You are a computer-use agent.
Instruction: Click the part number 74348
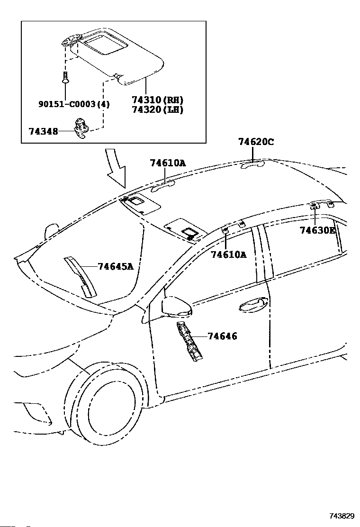pos(43,131)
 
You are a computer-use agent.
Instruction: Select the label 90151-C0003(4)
pos(74,104)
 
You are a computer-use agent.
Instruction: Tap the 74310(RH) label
pos(157,100)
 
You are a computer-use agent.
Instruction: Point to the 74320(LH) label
pos(157,109)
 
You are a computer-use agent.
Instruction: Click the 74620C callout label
pos(256,142)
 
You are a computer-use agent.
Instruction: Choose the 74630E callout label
pos(317,230)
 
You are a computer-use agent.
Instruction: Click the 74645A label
pos(116,266)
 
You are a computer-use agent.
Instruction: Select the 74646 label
pos(222,336)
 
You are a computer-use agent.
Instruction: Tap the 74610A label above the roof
pos(168,163)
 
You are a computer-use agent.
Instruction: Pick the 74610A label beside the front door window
pos(228,254)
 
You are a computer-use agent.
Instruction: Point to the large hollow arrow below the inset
pos(116,168)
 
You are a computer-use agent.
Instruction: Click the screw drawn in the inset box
pos(65,78)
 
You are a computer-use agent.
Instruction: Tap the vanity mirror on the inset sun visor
pos(105,45)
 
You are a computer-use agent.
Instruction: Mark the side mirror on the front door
pos(176,307)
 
